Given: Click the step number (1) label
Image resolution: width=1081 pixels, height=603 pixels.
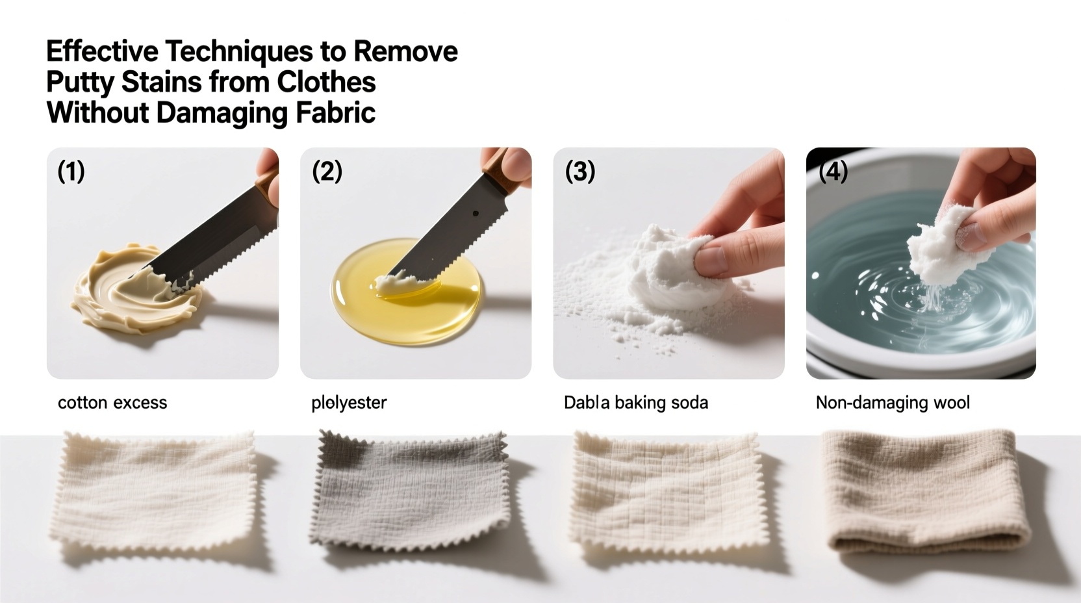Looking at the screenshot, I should pyautogui.click(x=71, y=172).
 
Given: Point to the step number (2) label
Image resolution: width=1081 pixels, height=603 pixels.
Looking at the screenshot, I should pyautogui.click(x=327, y=172).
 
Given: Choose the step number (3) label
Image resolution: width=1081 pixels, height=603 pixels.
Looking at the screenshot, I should pyautogui.click(x=580, y=172).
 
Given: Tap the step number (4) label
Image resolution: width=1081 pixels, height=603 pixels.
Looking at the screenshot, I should pyautogui.click(x=833, y=172).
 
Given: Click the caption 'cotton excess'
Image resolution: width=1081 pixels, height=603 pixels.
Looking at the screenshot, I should pyautogui.click(x=112, y=403).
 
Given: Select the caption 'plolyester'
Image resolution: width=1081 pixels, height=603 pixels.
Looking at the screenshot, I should pyautogui.click(x=349, y=403).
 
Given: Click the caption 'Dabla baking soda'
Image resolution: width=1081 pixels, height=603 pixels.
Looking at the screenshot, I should pyautogui.click(x=635, y=403).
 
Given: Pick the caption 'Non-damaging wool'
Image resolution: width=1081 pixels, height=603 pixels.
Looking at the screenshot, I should pyautogui.click(x=893, y=403).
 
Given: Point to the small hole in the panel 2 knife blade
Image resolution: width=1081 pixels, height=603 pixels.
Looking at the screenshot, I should pyautogui.click(x=476, y=213).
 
